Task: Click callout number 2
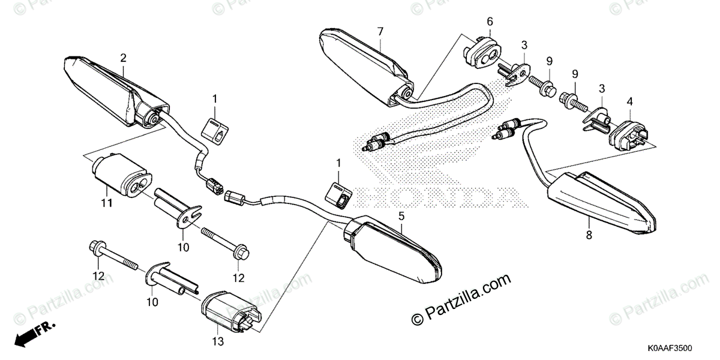(123, 58)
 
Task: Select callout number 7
(380, 31)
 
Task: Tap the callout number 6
(490, 22)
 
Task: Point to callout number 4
(629, 101)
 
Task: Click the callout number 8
(589, 235)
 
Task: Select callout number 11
(106, 203)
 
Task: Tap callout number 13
(218, 342)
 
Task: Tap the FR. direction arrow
(33, 332)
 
